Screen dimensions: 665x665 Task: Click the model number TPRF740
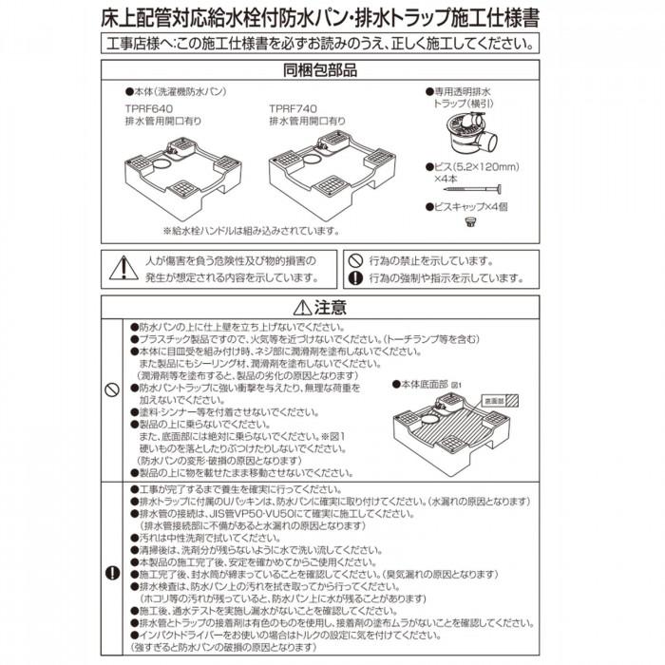tap(295, 109)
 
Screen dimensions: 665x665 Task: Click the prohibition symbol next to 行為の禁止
tap(354, 258)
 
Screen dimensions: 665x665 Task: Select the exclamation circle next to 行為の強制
tap(354, 278)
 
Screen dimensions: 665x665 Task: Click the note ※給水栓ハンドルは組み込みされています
tap(251, 231)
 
